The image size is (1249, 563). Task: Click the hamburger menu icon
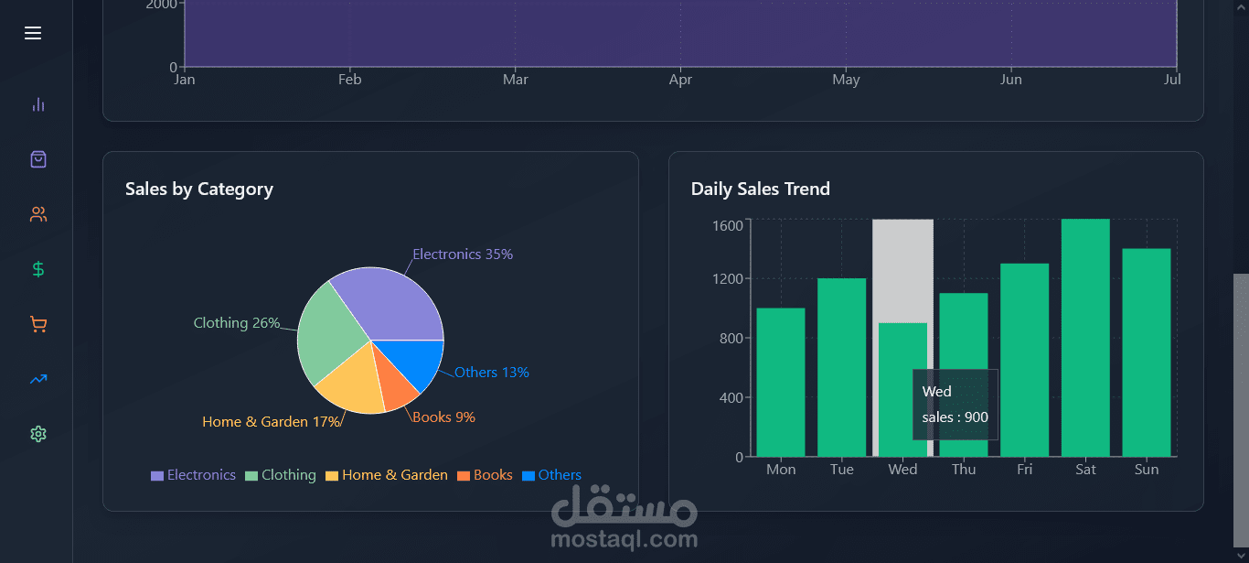33,33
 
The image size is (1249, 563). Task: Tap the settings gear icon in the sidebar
37,434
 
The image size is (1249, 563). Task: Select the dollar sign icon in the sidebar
37,269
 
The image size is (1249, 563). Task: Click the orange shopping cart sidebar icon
37,324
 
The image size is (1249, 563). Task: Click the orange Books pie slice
398,386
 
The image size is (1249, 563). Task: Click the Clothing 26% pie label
237,323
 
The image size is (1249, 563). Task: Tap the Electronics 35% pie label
463,254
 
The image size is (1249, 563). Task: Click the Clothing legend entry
281,475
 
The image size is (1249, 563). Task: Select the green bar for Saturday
1085,339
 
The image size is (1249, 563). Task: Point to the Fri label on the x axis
1024,470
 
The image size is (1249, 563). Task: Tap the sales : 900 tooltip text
955,417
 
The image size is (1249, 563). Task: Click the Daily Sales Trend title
761,189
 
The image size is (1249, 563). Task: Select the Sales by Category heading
199,189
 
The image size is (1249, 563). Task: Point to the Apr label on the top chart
680,80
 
